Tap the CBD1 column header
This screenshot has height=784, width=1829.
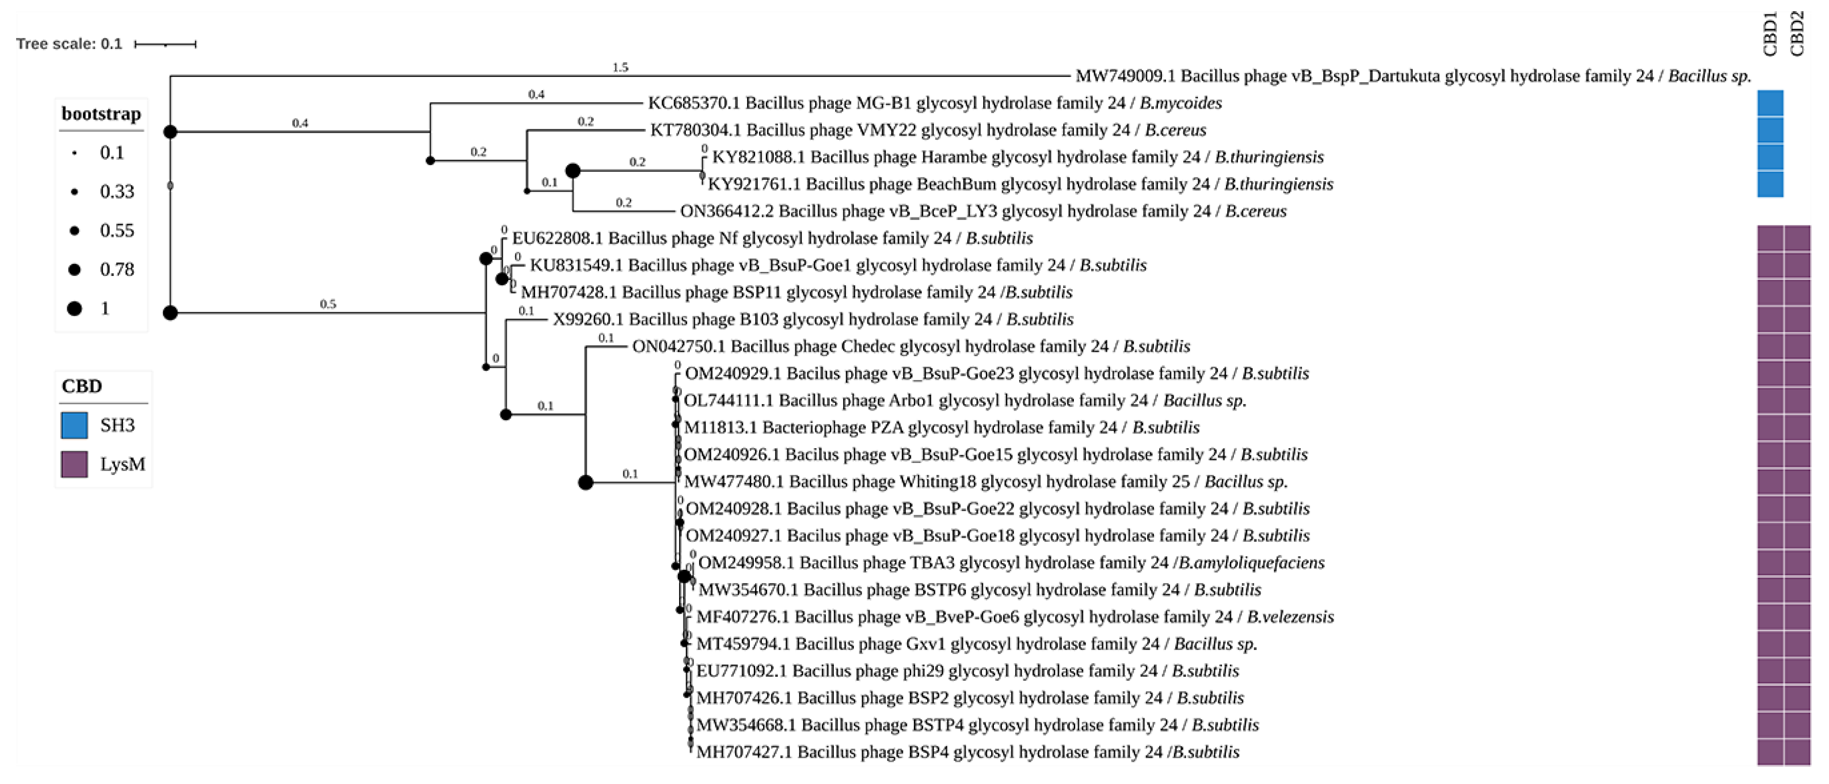coord(1770,34)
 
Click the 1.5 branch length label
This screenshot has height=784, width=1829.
coord(620,68)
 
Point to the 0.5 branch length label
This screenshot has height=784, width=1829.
coord(327,304)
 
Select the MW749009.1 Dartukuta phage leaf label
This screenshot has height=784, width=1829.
coord(1413,76)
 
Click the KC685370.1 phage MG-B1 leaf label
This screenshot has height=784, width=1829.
coord(934,103)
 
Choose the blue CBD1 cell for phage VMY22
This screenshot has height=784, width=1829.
coord(1770,131)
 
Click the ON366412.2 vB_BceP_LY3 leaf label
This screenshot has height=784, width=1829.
coord(983,211)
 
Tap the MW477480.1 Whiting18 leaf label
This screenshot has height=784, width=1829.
coord(985,482)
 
